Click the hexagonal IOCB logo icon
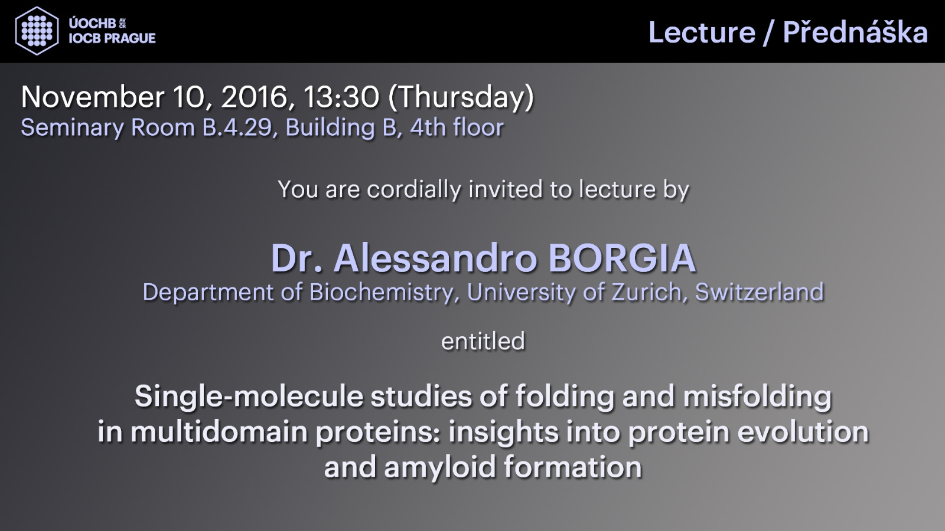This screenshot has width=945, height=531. (37, 31)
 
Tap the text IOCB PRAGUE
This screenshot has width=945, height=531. (112, 38)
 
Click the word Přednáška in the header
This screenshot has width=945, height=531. (856, 32)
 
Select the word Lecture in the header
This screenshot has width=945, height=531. (702, 33)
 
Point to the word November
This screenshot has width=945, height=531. (92, 97)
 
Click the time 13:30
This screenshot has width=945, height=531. (341, 97)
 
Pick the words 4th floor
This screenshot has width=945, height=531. (457, 127)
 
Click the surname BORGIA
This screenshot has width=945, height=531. (622, 258)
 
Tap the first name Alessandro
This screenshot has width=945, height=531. (435, 258)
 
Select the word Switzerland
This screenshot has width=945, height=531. (760, 291)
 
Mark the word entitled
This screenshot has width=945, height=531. (483, 341)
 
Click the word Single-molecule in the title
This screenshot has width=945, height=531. (249, 397)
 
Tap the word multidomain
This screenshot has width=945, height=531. (219, 432)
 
